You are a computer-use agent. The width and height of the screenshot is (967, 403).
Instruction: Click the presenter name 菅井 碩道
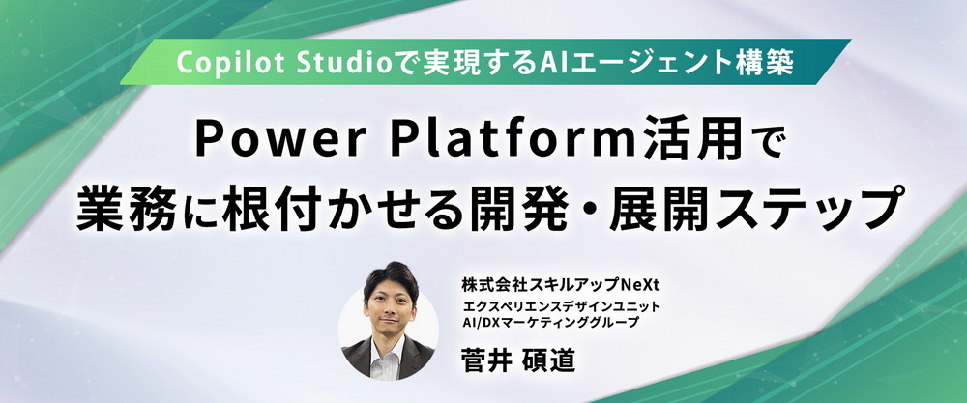pyautogui.click(x=517, y=360)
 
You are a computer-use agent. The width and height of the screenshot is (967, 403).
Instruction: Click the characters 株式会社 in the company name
pyautogui.click(x=487, y=286)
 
